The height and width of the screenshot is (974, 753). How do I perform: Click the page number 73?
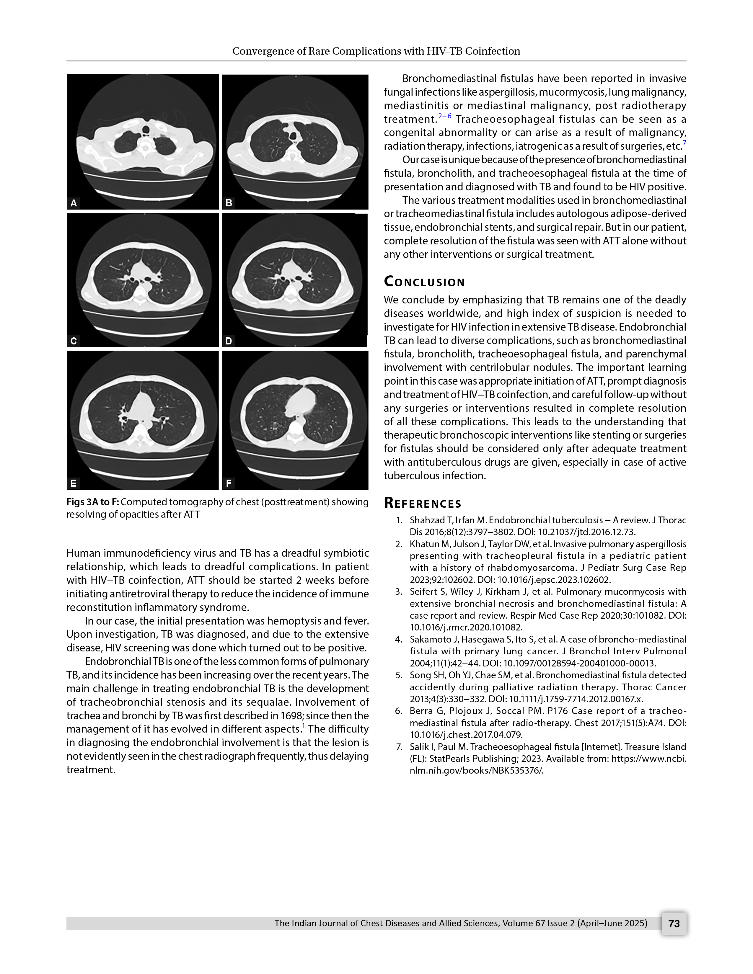click(674, 923)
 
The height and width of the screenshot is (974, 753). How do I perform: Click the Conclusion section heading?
click(424, 282)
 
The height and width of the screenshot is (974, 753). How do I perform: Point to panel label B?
click(229, 203)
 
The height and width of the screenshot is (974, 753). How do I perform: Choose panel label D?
click(229, 341)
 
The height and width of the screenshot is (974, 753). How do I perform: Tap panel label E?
click(74, 483)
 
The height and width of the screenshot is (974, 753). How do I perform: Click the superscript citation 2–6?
click(444, 116)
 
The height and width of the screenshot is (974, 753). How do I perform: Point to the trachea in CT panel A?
click(145, 130)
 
